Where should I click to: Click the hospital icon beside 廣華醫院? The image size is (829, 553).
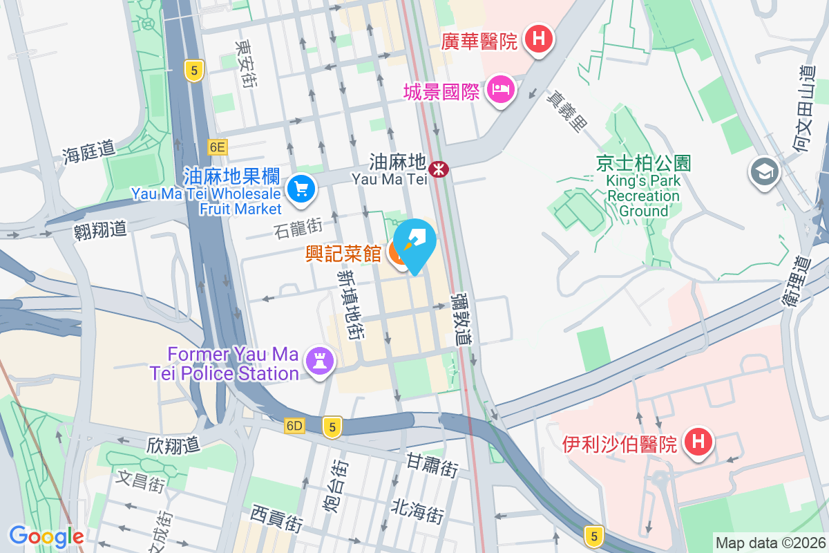[539, 39]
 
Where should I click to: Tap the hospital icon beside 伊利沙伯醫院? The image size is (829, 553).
[698, 441]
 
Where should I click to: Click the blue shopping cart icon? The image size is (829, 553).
[301, 187]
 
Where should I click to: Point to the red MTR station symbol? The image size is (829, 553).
[438, 168]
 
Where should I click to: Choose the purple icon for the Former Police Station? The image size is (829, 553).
[319, 361]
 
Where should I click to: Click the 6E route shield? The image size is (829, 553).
[217, 147]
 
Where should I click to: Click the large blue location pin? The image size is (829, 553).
[416, 243]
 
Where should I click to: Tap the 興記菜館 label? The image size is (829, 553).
[343, 254]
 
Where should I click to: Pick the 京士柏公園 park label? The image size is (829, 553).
[643, 163]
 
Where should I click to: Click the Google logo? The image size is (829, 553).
[46, 536]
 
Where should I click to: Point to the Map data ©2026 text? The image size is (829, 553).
[770, 543]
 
